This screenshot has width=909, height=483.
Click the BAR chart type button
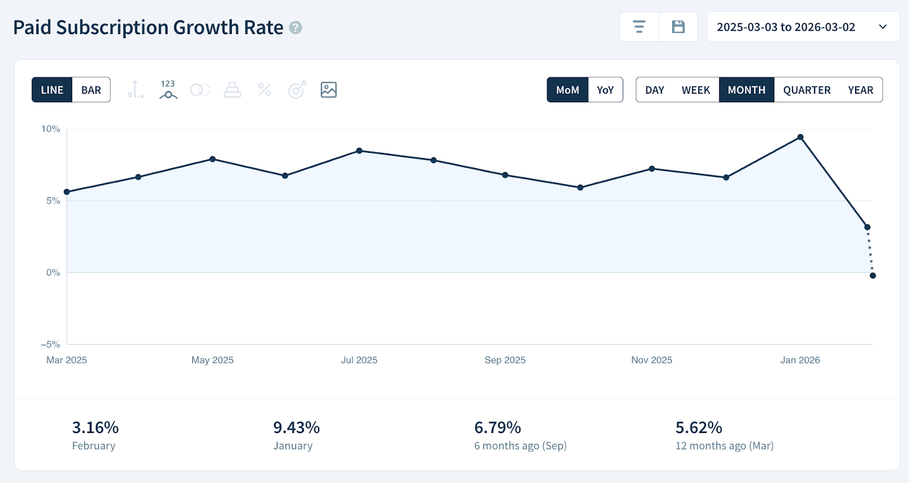(91, 90)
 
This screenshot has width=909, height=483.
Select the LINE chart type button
(52, 90)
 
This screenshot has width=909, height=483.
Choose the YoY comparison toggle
(605, 90)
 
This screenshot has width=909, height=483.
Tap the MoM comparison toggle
(568, 90)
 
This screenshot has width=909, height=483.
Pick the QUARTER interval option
(807, 90)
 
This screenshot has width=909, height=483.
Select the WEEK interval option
(695, 90)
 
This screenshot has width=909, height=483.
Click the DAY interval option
(654, 90)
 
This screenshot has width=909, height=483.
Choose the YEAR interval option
(860, 90)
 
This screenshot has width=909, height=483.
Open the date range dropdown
(803, 27)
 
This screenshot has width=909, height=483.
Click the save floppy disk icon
(678, 27)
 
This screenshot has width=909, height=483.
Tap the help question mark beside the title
(295, 27)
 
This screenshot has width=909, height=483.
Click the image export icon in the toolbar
(328, 90)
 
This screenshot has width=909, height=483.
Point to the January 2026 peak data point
(800, 137)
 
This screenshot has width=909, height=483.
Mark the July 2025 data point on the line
(359, 151)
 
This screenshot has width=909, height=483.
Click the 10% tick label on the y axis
(51, 129)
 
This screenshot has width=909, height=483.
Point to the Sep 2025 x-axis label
(505, 360)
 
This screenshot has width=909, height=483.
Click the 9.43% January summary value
(297, 427)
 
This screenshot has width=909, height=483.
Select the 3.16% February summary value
(95, 427)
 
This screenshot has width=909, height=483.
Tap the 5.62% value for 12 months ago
(699, 427)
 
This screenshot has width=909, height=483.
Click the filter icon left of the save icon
(639, 27)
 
